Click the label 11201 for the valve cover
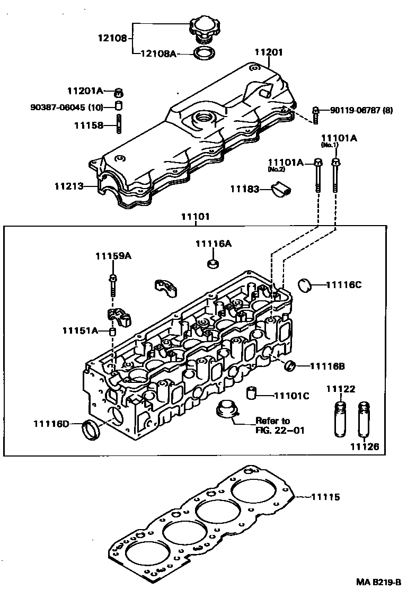(x=269, y=52)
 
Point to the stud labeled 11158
(x=119, y=124)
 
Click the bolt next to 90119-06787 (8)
(x=316, y=112)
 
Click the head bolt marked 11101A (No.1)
(x=335, y=175)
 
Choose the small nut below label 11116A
(x=212, y=263)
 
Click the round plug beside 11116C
(x=306, y=284)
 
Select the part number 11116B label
(x=327, y=365)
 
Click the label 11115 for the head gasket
(x=325, y=497)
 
